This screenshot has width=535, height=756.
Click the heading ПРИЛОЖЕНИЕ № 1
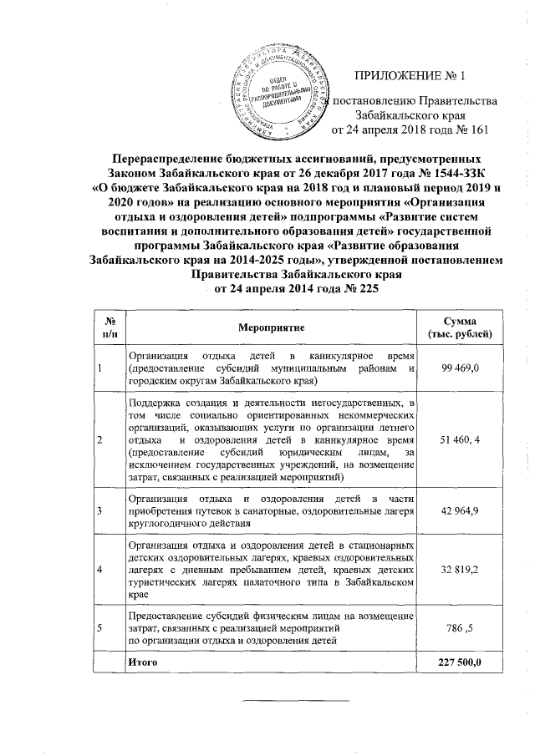[409, 78]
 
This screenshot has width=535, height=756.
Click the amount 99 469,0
[459, 368]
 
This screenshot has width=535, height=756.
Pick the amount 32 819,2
[459, 569]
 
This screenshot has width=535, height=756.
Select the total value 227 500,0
[459, 662]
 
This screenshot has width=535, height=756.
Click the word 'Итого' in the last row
[140, 662]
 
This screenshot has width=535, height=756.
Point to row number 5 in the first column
[100, 627]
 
